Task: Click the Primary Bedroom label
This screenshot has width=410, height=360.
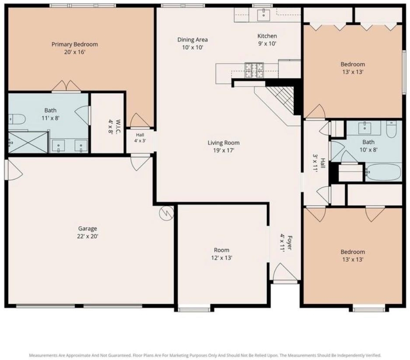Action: [x=75, y=44]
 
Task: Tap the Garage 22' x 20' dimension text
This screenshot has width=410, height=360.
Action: [x=88, y=236]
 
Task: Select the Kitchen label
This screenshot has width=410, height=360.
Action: [x=267, y=36]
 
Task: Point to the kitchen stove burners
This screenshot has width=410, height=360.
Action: [x=254, y=70]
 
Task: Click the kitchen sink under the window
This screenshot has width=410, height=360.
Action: [x=263, y=15]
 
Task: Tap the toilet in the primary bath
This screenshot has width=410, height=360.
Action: [x=17, y=119]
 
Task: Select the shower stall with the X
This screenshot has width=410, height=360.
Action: [x=28, y=142]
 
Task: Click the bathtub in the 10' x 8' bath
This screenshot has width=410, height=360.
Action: [x=383, y=172]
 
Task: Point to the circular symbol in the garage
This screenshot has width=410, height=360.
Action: [x=166, y=213]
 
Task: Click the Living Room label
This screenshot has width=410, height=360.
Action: [x=224, y=142]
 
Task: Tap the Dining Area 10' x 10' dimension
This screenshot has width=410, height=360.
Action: [x=193, y=47]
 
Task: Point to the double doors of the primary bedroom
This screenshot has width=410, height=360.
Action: [x=66, y=86]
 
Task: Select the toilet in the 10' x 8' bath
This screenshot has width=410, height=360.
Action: [x=391, y=129]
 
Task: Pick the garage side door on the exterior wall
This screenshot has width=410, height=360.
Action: [x=14, y=170]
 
